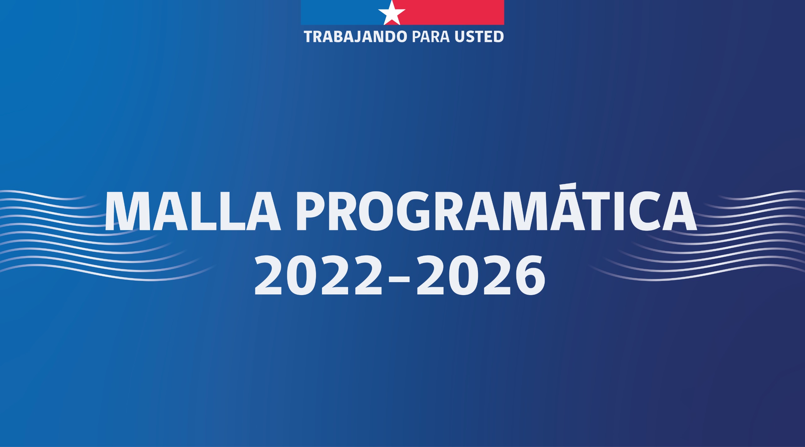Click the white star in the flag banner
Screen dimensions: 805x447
(391, 13)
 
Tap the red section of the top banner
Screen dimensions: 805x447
(453, 12)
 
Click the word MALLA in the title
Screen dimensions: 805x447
(192, 211)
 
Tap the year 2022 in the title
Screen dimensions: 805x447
(318, 275)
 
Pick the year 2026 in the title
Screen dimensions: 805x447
(481, 275)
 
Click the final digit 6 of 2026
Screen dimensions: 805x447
(530, 275)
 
